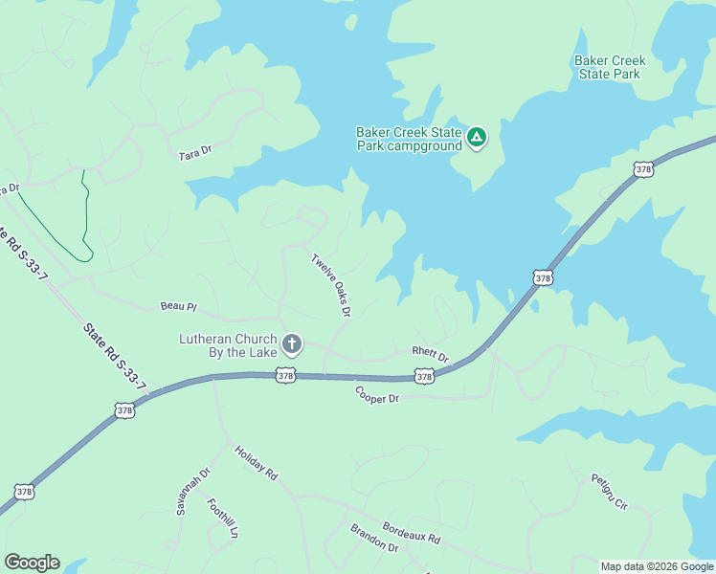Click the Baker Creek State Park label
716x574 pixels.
point(610,67)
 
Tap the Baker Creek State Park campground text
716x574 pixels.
point(409,140)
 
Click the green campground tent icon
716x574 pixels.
point(477,139)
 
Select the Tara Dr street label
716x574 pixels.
point(194,153)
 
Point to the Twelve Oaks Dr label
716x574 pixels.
point(331,284)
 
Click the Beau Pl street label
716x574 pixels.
point(178,307)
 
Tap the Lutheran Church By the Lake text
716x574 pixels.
point(228,345)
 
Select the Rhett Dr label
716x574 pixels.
point(430,354)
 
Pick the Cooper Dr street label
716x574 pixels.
point(376,393)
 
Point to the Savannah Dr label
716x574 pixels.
point(192,492)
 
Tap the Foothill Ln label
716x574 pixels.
point(222,515)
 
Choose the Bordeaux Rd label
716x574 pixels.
point(411,533)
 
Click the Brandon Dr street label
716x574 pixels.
point(373,538)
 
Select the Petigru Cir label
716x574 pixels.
point(608,492)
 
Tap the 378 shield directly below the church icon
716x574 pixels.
point(285,376)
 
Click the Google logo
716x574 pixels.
point(32,563)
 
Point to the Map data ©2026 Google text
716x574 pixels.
point(657,566)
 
